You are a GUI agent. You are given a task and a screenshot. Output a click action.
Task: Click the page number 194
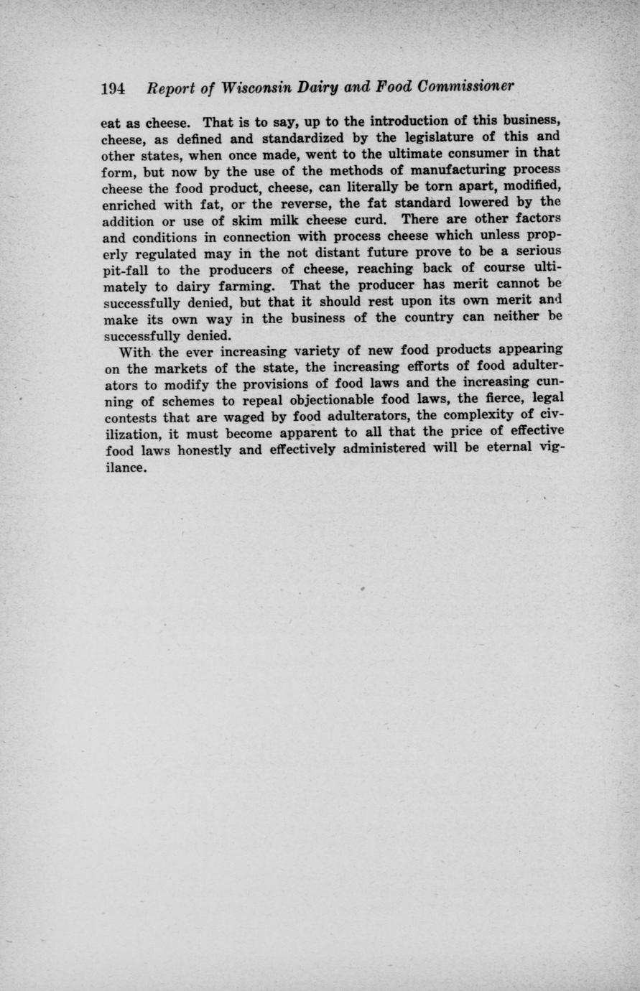tap(113, 88)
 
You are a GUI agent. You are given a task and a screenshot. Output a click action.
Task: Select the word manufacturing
tap(420, 169)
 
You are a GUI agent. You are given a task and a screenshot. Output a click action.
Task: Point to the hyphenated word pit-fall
tap(126, 269)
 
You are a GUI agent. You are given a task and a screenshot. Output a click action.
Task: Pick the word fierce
tap(497, 400)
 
